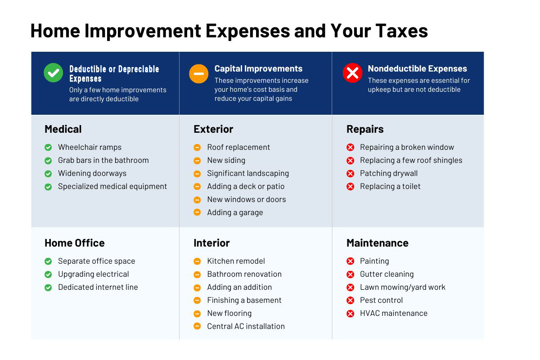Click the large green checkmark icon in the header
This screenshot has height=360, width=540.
(53, 73)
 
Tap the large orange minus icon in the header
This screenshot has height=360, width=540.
(198, 74)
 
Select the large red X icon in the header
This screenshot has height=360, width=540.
(352, 73)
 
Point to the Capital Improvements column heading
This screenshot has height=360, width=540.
(258, 69)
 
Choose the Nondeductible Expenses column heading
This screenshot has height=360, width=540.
(417, 69)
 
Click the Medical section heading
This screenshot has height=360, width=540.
(63, 129)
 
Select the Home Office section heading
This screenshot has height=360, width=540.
(74, 243)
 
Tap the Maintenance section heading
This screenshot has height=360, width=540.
(377, 243)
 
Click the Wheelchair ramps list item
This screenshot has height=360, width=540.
(90, 147)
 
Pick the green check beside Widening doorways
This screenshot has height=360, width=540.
(48, 174)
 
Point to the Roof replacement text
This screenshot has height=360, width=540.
(238, 147)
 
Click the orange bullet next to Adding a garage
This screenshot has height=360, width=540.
(197, 212)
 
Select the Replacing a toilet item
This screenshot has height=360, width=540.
(390, 186)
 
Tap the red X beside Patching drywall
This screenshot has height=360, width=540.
(350, 174)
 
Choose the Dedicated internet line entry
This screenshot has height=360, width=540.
(98, 287)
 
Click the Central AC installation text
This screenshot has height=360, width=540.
(246, 326)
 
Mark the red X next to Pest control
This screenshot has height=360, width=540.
(350, 301)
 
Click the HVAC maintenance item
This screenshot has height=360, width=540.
(393, 313)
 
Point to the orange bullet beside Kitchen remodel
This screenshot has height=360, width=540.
(197, 261)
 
